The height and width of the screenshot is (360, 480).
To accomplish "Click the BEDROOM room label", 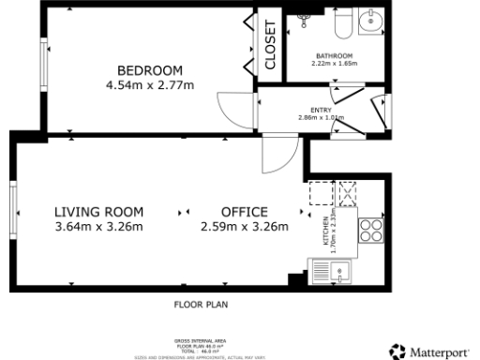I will coord(149,70).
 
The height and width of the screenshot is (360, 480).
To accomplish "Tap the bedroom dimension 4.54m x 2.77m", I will coord(149,85).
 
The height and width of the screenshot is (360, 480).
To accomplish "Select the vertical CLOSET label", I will coord(270,46).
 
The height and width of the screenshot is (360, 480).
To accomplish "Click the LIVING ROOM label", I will coord(98,211).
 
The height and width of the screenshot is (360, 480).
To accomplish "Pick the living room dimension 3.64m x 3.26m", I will coord(98,226).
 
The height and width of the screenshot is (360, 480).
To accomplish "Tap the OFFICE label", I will coord(244,211).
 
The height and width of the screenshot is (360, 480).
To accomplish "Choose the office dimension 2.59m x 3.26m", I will coord(244,226).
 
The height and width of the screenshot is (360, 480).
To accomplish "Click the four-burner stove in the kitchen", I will coord(369,230).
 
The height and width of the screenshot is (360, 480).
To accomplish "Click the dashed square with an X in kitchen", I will coord(348,193).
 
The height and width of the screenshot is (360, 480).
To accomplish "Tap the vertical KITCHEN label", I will coord(326,230).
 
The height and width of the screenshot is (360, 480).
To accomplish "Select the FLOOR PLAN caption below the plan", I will coord(200,305).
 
